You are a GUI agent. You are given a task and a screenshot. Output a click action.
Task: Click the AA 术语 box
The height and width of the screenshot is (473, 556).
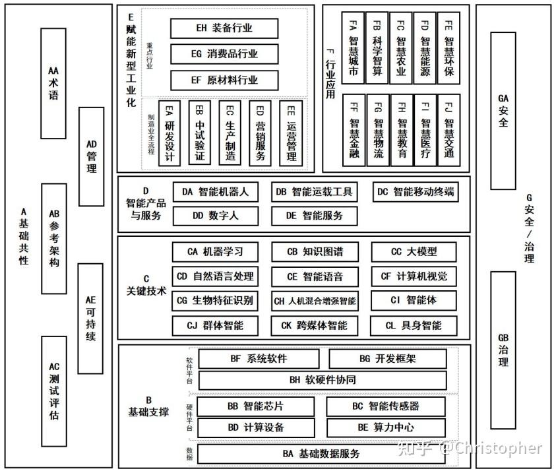[x=53, y=83]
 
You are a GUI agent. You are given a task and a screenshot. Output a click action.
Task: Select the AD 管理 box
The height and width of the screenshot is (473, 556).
[x=91, y=156]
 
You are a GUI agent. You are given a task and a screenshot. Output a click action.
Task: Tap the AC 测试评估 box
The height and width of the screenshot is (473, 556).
[x=54, y=391]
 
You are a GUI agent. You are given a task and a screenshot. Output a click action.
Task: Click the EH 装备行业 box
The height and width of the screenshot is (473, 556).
[x=224, y=28]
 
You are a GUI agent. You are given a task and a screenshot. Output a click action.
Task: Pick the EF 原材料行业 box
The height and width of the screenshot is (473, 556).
[x=224, y=80]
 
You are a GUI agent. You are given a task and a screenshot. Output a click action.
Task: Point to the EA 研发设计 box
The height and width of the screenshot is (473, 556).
[x=170, y=133]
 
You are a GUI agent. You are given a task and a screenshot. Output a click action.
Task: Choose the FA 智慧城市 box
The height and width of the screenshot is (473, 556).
[x=353, y=48]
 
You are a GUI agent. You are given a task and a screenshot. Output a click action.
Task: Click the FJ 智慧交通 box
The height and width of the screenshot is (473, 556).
[x=449, y=130]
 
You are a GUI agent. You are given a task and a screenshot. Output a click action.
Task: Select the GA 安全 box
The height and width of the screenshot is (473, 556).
[x=503, y=111]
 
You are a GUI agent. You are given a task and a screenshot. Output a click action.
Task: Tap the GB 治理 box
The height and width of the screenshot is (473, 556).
[x=503, y=350]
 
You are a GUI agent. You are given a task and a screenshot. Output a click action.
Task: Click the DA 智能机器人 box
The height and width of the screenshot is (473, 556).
[x=215, y=192]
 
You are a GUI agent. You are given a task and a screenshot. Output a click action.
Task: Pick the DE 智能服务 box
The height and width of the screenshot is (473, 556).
[x=314, y=216]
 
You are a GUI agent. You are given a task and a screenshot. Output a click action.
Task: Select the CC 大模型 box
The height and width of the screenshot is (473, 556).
[x=414, y=252]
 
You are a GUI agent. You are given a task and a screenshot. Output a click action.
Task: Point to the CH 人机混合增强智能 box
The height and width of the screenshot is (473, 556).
[x=315, y=301]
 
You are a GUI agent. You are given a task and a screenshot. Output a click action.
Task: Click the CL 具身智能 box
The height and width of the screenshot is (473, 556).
[x=414, y=326]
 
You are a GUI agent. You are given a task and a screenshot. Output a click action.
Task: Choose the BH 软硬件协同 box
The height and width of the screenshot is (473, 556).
[x=323, y=381]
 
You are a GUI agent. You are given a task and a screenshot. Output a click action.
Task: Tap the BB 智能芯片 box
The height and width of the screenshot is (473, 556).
[x=256, y=406]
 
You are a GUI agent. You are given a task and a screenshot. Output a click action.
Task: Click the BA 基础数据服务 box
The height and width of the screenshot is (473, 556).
[x=321, y=454]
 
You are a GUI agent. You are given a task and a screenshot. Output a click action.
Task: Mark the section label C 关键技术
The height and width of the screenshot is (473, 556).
[x=146, y=285]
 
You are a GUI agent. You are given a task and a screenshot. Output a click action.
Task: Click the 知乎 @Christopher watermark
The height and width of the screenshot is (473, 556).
[x=470, y=449]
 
